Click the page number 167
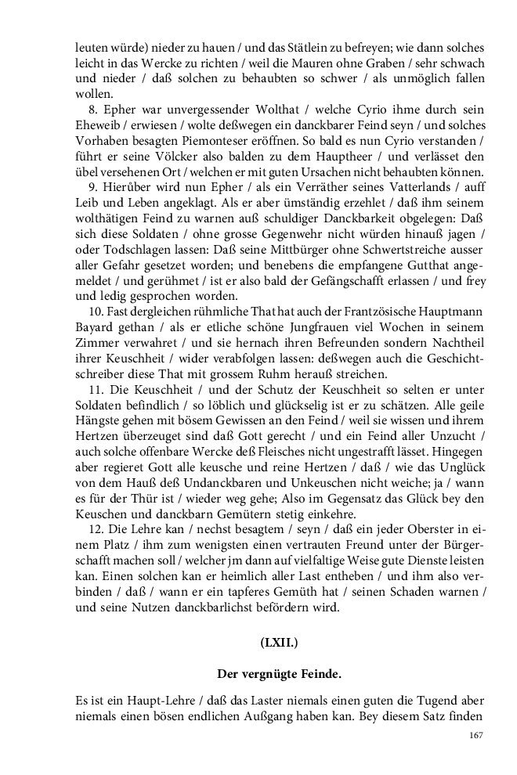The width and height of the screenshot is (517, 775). click(475, 734)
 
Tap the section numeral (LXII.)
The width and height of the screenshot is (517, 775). click(279, 643)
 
